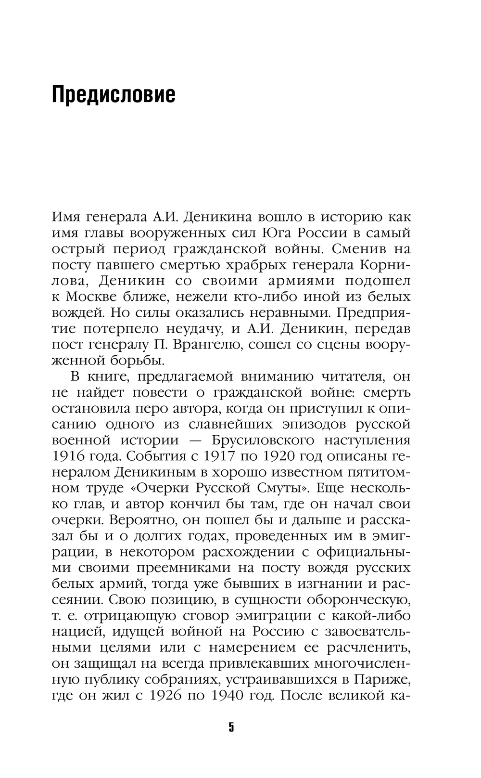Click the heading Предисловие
tap(114, 95)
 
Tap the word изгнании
tap(317, 583)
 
